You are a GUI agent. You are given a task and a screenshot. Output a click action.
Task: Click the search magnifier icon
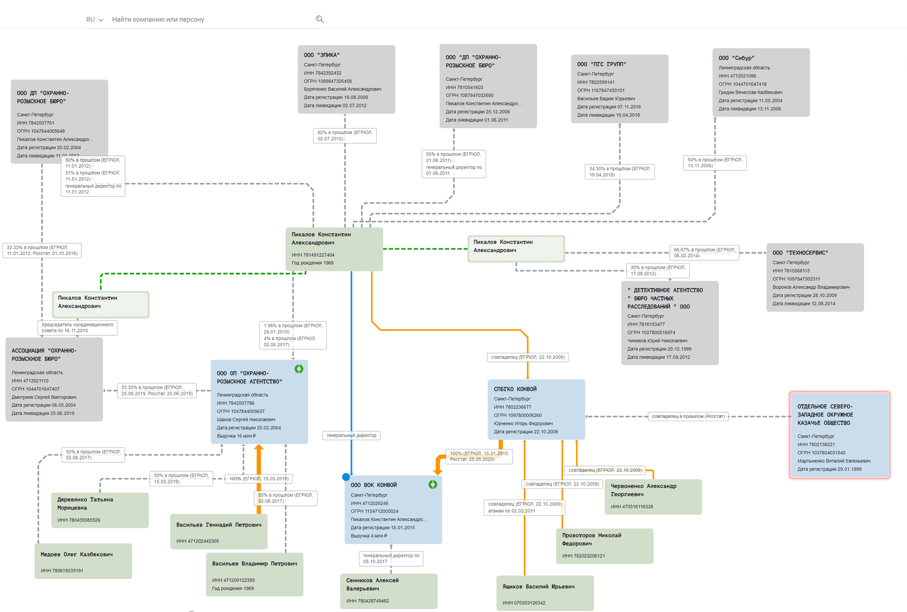pyautogui.click(x=320, y=19)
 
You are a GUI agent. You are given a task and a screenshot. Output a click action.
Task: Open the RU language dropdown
pyautogui.click(x=94, y=20)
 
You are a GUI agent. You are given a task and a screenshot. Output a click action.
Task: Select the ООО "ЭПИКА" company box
pyautogui.click(x=346, y=79)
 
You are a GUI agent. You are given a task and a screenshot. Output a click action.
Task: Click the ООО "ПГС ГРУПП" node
pyautogui.click(x=619, y=89)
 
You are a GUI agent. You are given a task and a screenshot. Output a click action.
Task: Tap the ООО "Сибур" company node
pyautogui.click(x=761, y=83)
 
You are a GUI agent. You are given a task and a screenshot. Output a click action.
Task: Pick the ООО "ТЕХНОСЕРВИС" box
pyautogui.click(x=815, y=277)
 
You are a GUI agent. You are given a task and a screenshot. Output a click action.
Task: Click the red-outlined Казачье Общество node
pyautogui.click(x=839, y=435)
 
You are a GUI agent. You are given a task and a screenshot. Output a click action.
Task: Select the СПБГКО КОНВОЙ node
pyautogui.click(x=536, y=409)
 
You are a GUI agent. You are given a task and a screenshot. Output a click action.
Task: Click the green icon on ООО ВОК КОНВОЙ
pyautogui.click(x=433, y=484)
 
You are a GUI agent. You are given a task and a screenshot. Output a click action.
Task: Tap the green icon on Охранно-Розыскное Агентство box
pyautogui.click(x=299, y=369)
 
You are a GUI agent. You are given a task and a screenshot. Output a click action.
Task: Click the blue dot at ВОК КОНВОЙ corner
pyautogui.click(x=346, y=477)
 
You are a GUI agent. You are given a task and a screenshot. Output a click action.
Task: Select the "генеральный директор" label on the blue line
pyautogui.click(x=351, y=435)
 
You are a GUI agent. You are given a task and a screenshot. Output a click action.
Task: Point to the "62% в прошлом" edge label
pyautogui.click(x=345, y=136)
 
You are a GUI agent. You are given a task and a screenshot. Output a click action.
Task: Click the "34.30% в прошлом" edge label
pyautogui.click(x=619, y=171)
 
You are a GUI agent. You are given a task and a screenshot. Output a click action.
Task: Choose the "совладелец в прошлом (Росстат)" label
pyautogui.click(x=688, y=416)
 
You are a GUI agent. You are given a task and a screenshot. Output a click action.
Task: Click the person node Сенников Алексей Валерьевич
pyautogui.click(x=388, y=590)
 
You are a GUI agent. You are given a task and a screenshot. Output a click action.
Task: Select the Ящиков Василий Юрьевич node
pyautogui.click(x=545, y=593)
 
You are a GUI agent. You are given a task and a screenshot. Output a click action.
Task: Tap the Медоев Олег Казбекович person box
pyautogui.click(x=83, y=561)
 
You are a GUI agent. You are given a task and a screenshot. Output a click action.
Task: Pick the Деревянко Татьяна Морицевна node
pyautogui.click(x=100, y=510)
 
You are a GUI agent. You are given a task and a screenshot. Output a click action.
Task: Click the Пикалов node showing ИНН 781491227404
pyautogui.click(x=334, y=249)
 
